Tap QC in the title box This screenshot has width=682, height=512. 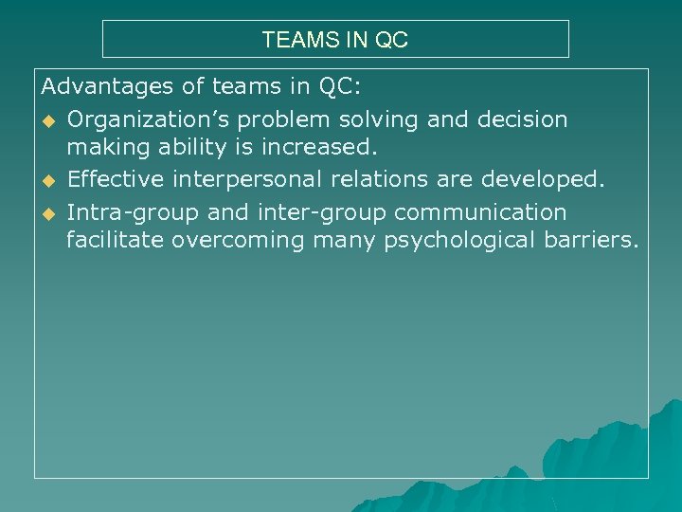[391, 41]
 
